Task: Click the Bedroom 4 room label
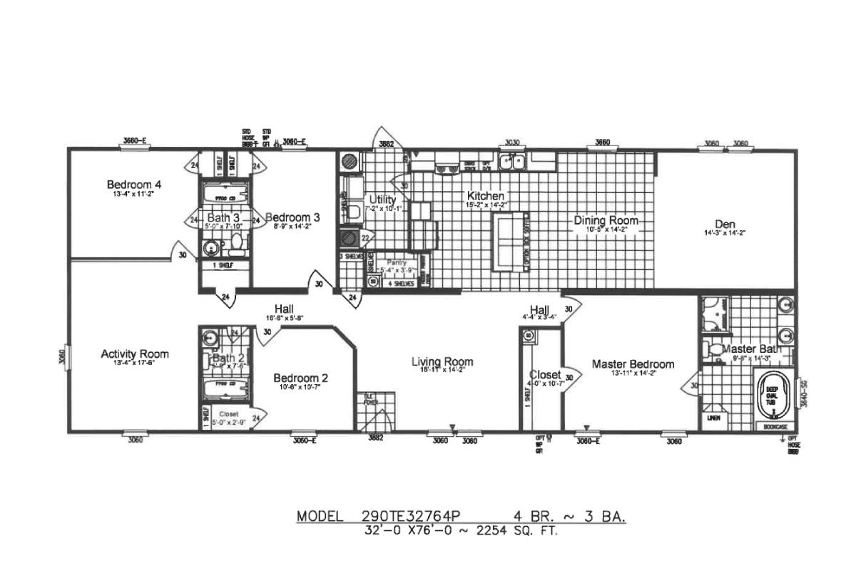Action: (x=134, y=185)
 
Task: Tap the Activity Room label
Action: (x=135, y=354)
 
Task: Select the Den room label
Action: (x=724, y=223)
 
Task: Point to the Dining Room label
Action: (x=606, y=220)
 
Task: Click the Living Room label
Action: (x=442, y=362)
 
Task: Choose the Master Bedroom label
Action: (x=633, y=364)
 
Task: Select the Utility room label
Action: (x=382, y=200)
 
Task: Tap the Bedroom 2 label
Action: (x=301, y=378)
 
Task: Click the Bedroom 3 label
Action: (x=292, y=217)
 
